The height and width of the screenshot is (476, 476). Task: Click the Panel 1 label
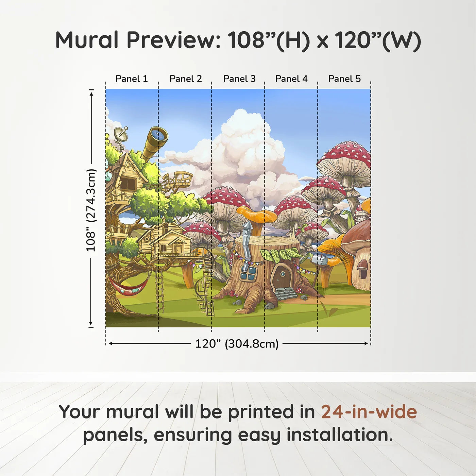(132, 79)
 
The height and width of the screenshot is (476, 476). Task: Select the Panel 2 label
(186, 79)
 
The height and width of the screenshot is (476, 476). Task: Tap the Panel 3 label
(239, 79)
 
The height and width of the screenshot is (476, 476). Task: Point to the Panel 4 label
(291, 79)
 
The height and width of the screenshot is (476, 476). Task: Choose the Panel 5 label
(344, 79)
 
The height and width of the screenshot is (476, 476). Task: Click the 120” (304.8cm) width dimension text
(237, 344)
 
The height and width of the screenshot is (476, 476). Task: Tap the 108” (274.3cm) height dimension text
(91, 210)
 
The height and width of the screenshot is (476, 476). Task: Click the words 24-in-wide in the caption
(369, 412)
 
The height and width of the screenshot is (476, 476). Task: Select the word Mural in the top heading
(87, 40)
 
